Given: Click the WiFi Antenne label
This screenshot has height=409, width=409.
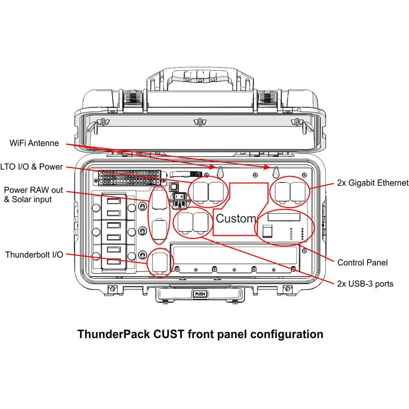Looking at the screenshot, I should coord(34,143).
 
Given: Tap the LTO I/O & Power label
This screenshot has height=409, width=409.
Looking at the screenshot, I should coord(31,166).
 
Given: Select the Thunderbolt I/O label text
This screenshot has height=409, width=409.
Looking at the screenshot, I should coord(34,255).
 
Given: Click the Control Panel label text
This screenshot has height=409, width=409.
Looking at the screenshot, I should coord(362,262).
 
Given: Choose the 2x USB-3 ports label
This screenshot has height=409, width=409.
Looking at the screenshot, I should coord(365,283).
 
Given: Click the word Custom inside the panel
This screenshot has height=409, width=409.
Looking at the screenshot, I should coord(236,218).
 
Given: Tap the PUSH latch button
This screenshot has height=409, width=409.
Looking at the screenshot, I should coord(200,294).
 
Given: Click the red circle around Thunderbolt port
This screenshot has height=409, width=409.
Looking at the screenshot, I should coord(159,263).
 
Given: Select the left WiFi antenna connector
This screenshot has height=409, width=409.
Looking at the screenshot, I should coord(220,172).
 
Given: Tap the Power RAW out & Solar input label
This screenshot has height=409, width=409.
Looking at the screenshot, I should coord(34,195).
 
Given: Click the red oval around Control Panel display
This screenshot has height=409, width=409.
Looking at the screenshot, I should coord(285,228).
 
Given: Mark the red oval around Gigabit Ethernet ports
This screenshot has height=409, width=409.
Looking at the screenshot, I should coord(290,191).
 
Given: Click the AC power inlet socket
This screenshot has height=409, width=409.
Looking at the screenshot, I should coord(179,199).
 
